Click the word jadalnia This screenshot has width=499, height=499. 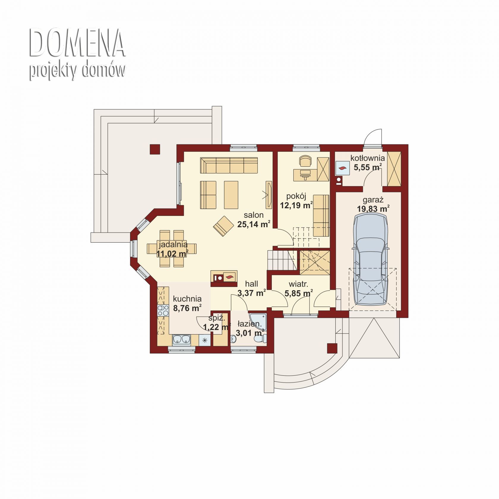tap(173, 244)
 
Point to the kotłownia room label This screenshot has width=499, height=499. tap(367, 158)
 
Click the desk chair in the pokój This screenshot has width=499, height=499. tap(306, 161)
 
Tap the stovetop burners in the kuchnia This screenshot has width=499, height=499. tap(163, 310)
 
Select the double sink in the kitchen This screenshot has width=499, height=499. tap(181, 339)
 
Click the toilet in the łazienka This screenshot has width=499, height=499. tap(261, 339)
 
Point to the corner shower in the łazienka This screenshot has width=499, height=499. tap(258, 321)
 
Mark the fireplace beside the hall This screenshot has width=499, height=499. tap(224, 277)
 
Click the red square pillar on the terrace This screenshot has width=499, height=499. tap(155, 149)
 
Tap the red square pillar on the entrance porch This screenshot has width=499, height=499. tap(332, 348)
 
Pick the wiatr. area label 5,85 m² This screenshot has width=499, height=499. tap(299, 293)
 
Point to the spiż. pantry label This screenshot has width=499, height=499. tap(217, 318)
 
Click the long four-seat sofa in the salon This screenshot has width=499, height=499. tap(229, 165)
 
